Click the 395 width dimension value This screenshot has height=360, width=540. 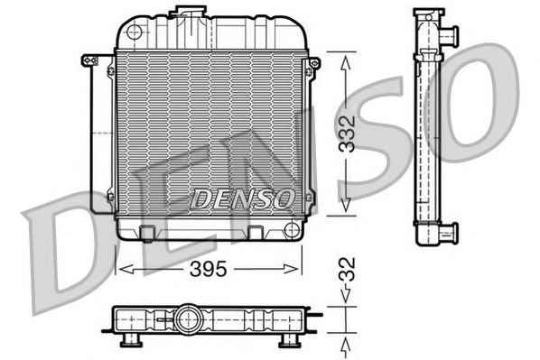(x=208, y=269)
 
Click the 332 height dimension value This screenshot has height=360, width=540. (x=347, y=134)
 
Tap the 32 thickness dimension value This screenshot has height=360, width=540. (x=347, y=269)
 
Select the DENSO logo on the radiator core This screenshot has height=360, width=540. (x=242, y=198)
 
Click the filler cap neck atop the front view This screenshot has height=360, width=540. (x=188, y=12)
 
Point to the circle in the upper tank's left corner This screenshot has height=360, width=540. (x=135, y=32)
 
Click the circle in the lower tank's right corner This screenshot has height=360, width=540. (x=292, y=229)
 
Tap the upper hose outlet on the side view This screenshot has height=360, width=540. (x=448, y=35)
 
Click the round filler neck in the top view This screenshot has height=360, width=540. (x=188, y=319)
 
